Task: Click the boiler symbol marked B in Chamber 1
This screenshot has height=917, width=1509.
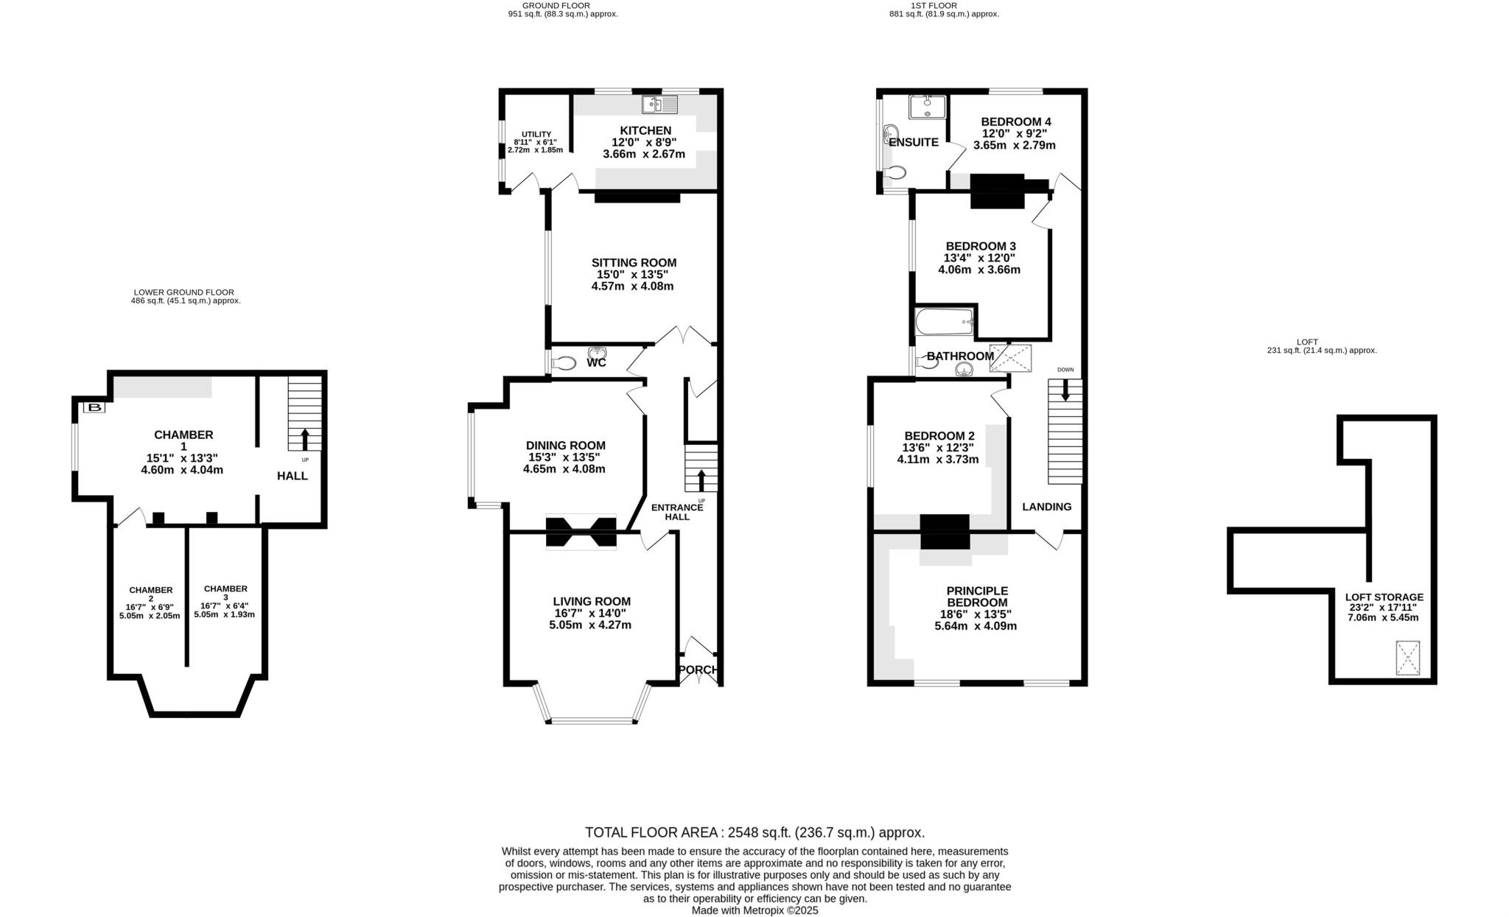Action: [94, 407]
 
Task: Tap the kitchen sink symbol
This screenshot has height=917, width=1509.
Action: [659, 105]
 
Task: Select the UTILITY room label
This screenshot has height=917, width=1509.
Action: [536, 134]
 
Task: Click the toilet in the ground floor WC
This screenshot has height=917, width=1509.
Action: [564, 363]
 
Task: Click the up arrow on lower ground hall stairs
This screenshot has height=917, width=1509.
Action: [304, 439]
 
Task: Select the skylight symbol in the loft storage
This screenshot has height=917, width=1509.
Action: [1408, 658]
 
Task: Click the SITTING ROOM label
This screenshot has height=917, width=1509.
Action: [634, 263]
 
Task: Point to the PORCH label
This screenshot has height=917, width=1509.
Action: [697, 670]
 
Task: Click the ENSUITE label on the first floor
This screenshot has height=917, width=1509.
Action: [914, 142]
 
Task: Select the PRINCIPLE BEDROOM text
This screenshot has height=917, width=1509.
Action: [977, 597]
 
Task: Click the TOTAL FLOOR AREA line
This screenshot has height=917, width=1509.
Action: [754, 832]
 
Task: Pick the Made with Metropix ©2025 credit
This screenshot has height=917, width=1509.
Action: [754, 910]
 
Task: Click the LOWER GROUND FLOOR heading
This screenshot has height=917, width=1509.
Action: [184, 292]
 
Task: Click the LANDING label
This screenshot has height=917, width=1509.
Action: [1046, 507]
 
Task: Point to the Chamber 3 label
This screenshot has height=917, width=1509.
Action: [225, 589]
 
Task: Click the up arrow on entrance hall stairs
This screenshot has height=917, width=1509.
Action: [701, 481]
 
